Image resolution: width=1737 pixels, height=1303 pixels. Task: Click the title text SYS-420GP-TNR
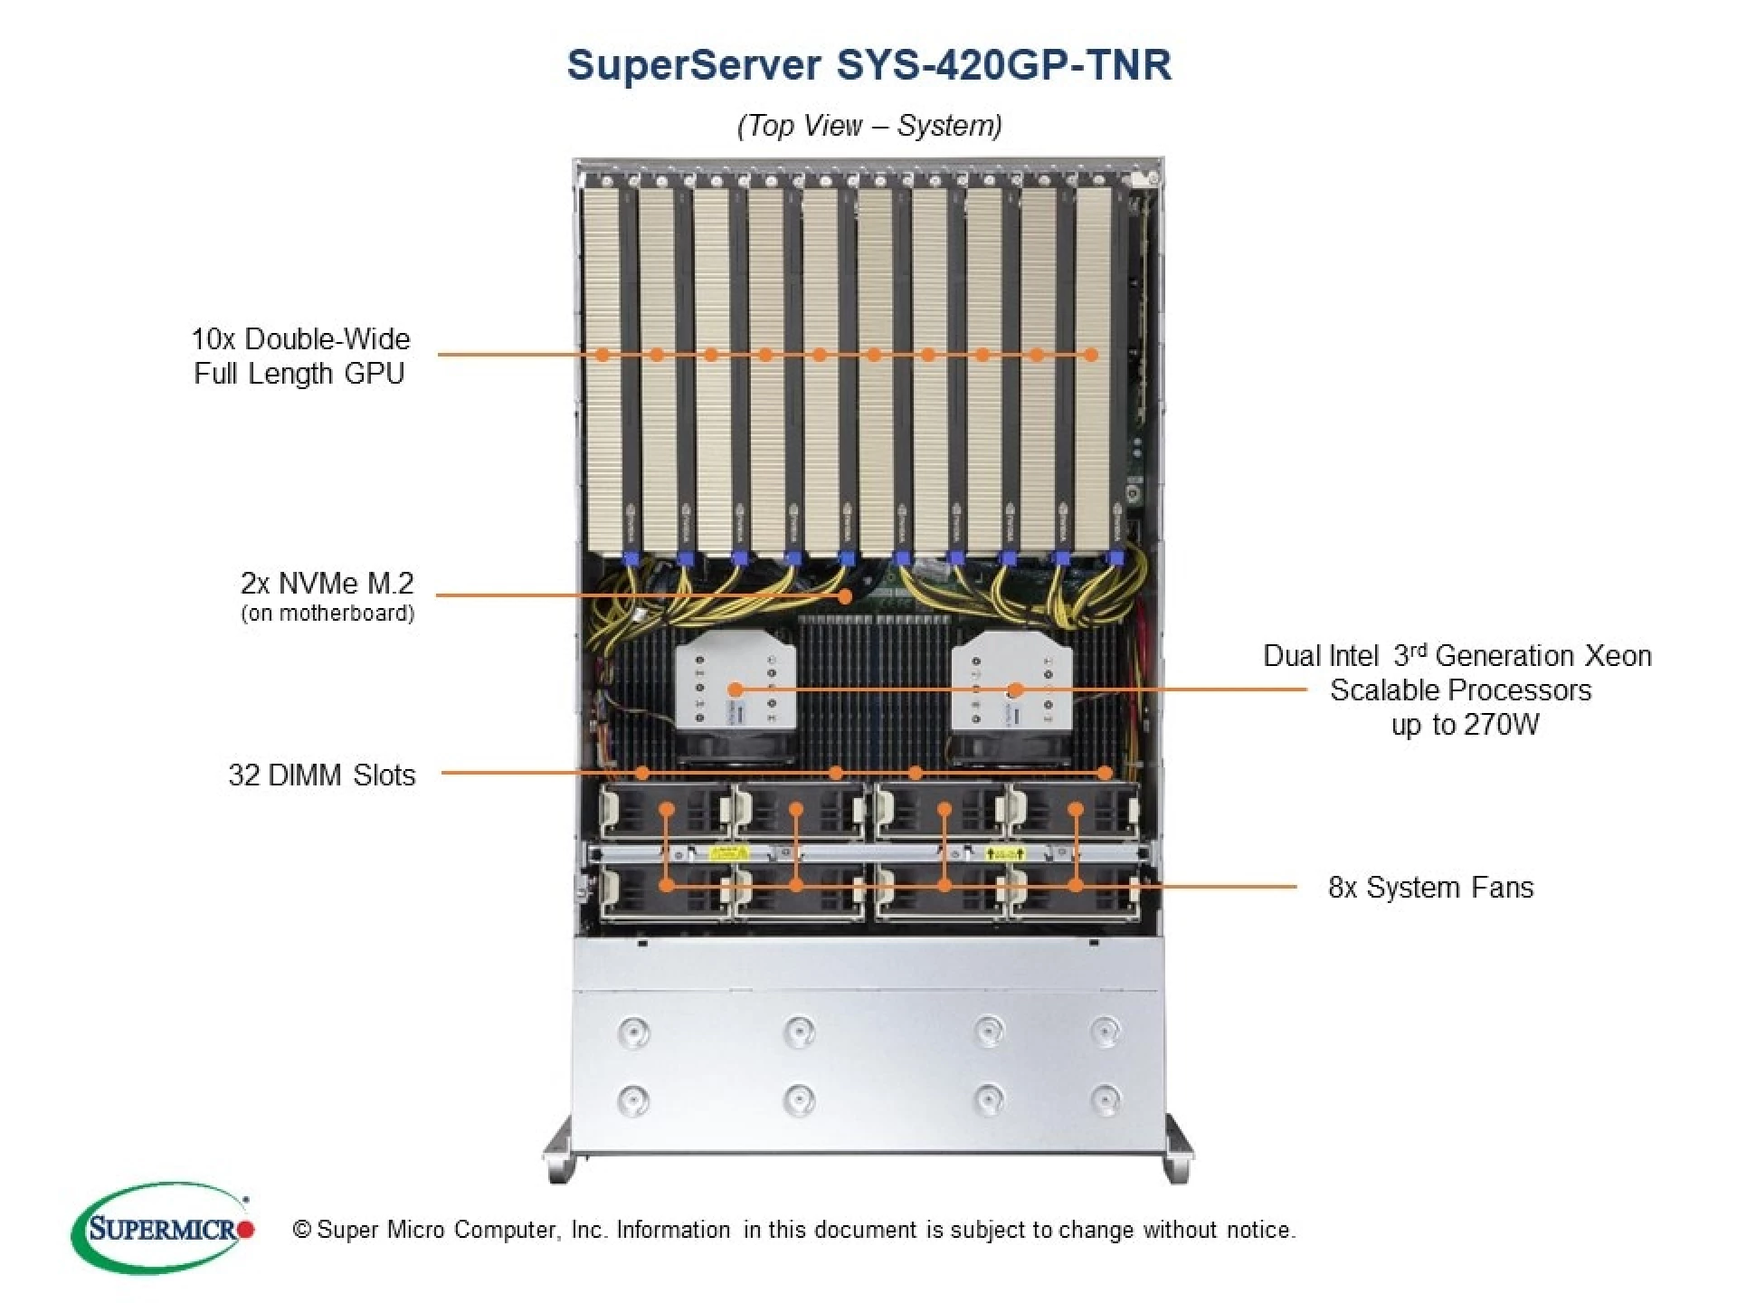click(x=1002, y=65)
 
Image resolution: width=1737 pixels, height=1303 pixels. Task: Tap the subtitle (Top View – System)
click(x=869, y=125)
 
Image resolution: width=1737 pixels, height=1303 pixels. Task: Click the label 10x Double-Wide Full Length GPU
click(x=299, y=356)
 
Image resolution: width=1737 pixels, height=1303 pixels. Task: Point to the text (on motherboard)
click(x=327, y=613)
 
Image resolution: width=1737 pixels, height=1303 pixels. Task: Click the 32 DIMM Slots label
click(x=321, y=775)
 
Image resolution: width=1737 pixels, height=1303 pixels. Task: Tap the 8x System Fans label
click(x=1430, y=887)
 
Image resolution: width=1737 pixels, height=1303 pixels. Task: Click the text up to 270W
click(x=1464, y=725)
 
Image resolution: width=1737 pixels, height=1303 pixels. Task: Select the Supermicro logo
click(x=163, y=1229)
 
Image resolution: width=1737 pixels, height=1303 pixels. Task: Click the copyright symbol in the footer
click(x=302, y=1230)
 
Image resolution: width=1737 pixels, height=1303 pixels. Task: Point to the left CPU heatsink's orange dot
click(x=736, y=690)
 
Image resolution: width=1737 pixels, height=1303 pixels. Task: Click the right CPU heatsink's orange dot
click(x=1015, y=690)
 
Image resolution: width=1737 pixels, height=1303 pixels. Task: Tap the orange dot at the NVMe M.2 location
click(x=845, y=595)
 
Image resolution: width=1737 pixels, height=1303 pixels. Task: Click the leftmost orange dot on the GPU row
click(x=603, y=355)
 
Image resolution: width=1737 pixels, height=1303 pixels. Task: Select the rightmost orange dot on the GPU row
click(x=1091, y=355)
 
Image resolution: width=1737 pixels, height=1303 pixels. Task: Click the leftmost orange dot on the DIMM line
click(x=642, y=773)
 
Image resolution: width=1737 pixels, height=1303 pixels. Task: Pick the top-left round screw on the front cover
click(x=632, y=1031)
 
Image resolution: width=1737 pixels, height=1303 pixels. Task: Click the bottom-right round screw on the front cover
click(x=1105, y=1099)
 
